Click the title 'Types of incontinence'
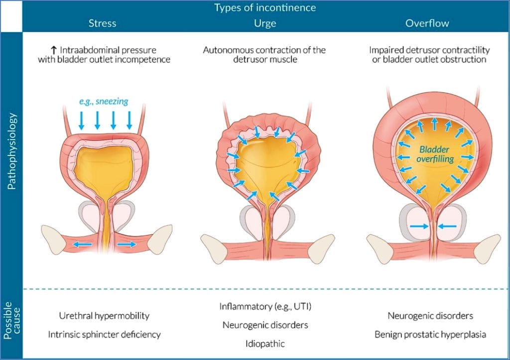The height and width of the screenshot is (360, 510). (x=265, y=8)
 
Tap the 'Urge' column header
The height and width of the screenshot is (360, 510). (x=265, y=23)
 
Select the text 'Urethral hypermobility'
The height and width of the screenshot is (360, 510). (x=104, y=316)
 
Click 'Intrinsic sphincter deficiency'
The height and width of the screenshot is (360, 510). (x=104, y=334)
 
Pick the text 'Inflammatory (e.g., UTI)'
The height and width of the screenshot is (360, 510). (x=265, y=306)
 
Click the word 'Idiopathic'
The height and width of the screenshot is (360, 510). (x=265, y=343)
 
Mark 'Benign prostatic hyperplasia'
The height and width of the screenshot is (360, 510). (x=430, y=334)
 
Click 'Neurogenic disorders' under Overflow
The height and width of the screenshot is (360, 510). (x=430, y=316)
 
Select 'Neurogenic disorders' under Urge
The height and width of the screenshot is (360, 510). (x=265, y=325)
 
